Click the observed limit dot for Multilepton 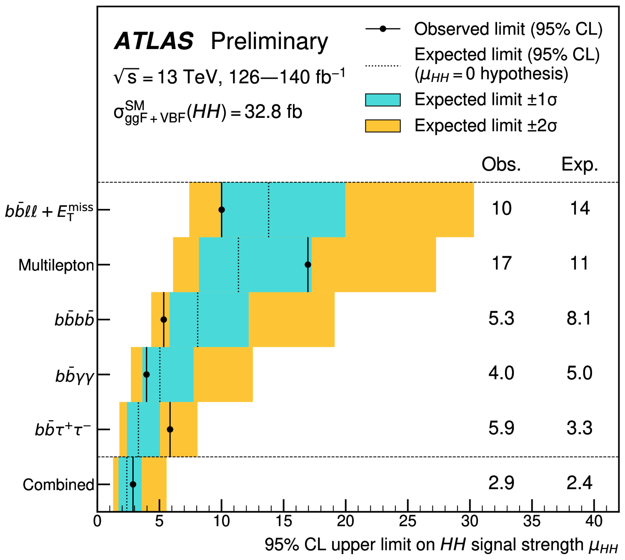(x=308, y=265)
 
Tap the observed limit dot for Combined (x=133, y=484)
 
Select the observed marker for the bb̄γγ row (x=146, y=374)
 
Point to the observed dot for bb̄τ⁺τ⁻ (x=170, y=429)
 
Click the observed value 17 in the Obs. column (x=501, y=263)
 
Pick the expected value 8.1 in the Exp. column (x=579, y=318)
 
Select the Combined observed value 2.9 (x=501, y=483)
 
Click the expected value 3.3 (x=579, y=428)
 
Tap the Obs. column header (x=501, y=164)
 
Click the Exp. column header (x=580, y=164)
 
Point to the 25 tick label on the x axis (x=407, y=521)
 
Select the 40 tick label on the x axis (x=594, y=521)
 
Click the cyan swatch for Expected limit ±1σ (x=382, y=100)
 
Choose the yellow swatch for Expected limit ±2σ (x=382, y=126)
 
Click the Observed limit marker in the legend (x=382, y=29)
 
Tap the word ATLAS (x=154, y=41)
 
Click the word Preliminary (x=269, y=41)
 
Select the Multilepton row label (x=56, y=265)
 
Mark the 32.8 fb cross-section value (x=273, y=112)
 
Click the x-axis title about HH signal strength (x=441, y=545)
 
